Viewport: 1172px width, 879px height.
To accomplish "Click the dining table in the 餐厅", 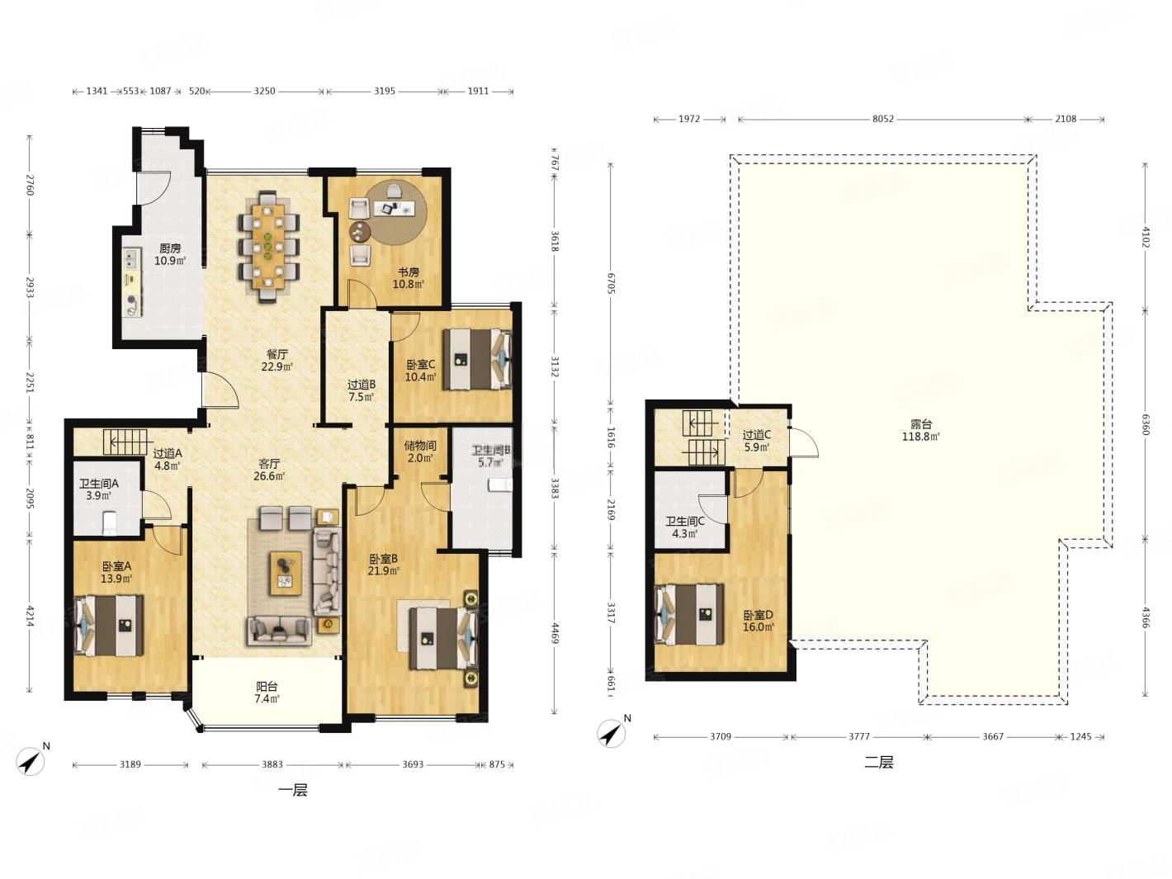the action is point(269,247).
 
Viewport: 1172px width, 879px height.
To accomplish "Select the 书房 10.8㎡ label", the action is point(409,278).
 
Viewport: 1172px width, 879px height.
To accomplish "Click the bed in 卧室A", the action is point(109,625).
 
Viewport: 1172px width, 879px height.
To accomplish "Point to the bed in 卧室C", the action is point(477,359).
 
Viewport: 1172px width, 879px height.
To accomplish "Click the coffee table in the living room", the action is point(286,573).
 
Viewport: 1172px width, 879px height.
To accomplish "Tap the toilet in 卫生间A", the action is point(110,523).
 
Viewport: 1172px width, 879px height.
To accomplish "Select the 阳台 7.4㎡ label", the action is point(267,692).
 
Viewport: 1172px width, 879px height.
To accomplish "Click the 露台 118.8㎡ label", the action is point(920,430).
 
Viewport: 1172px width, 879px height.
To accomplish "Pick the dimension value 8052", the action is point(883,119).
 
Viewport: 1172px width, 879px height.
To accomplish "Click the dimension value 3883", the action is point(272,764).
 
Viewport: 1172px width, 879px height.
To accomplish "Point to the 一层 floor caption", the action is point(293,790).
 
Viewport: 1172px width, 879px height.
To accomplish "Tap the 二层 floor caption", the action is point(879,762).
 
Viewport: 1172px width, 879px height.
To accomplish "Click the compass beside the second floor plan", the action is point(612,733).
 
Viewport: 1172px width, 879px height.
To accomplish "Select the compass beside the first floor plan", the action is point(31,760).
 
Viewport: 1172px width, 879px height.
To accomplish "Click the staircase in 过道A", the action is point(125,442).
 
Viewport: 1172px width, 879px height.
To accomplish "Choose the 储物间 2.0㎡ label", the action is point(420,451).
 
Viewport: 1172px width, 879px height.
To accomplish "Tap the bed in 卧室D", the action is point(689,614).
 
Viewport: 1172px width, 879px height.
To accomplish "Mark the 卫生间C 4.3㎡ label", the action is point(684,527).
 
